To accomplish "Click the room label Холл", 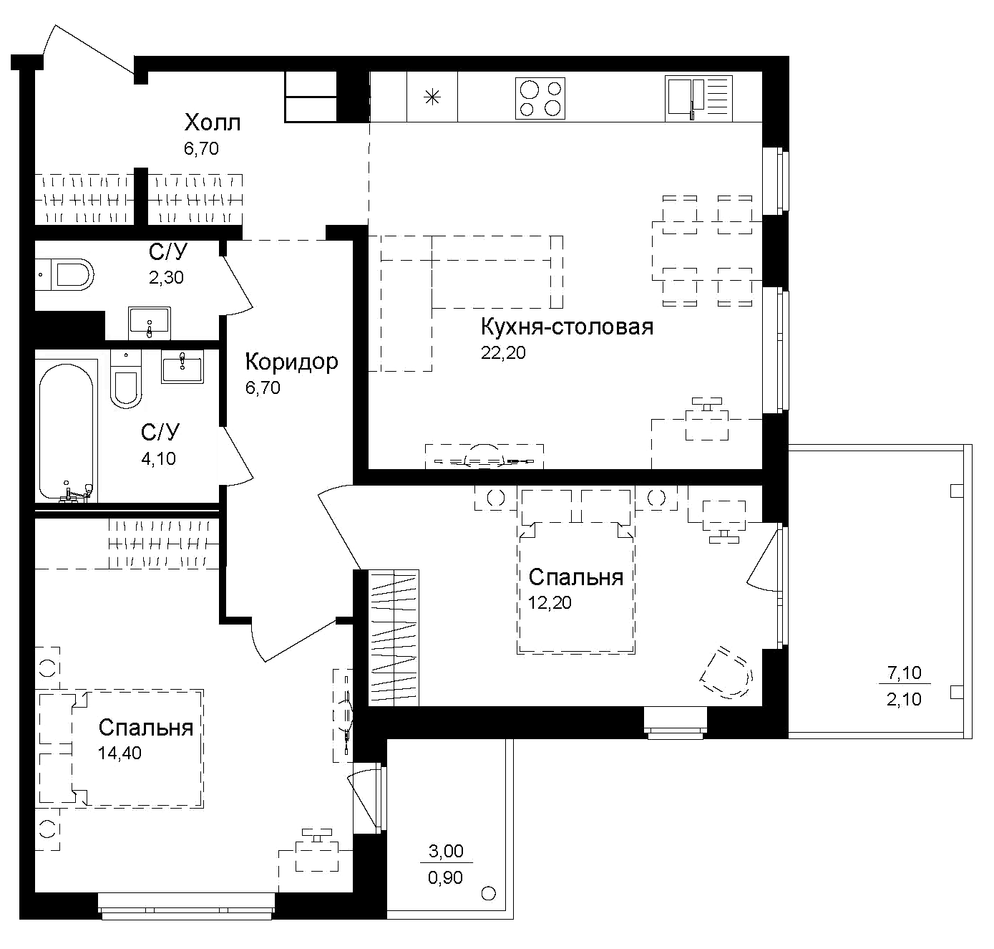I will pos(213,122).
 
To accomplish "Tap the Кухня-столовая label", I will pos(567,327).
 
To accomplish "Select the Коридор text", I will pos(291,362).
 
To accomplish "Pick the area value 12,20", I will pos(550,603).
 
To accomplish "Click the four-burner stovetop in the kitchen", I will pos(540,98).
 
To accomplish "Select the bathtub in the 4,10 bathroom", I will pos(66,432).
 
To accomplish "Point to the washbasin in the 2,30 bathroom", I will pos(150,323).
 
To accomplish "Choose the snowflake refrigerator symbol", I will pos(432,97).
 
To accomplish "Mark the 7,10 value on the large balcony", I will pos(904,673).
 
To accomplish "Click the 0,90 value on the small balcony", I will pos(445,877).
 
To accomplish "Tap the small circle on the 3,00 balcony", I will pos(489,893).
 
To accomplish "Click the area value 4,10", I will pos(158,458).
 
